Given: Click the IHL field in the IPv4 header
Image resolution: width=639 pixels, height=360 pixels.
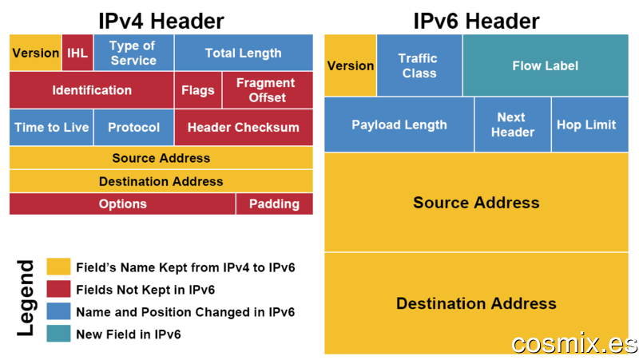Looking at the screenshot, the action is pos(77,53).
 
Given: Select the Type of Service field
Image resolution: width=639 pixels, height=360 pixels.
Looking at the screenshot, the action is pos(133,53).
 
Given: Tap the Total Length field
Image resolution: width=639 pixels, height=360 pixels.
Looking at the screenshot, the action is pos(244,53).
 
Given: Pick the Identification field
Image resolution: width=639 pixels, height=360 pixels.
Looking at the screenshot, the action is pos(92,90).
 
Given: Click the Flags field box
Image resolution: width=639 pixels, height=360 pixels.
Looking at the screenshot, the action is pos(198,90).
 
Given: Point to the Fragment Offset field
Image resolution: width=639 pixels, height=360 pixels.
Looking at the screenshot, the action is pos(268,90).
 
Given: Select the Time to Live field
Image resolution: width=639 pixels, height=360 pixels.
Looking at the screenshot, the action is pos(51,127).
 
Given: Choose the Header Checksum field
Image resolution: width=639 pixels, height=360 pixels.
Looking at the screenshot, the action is pos(244,127).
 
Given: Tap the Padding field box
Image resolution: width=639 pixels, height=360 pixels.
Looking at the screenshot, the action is pos(275,204).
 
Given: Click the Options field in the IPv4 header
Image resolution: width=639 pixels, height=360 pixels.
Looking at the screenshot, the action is pos(123,204).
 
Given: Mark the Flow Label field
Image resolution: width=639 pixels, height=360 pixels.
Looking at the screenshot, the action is pos(546,65).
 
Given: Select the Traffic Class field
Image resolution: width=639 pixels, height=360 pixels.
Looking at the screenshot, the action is pos(419,65).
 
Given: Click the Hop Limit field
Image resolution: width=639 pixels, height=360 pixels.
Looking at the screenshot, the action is pos(590,125).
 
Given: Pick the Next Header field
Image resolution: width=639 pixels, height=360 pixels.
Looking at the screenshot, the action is pos(513,125).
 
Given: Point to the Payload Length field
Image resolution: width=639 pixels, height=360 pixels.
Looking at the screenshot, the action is pos(399,125).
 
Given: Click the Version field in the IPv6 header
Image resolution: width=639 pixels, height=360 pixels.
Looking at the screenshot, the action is pos(351,65).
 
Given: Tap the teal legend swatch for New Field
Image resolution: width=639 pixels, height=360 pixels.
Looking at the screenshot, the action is pos(58,334).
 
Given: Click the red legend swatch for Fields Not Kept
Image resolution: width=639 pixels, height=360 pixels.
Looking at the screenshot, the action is pos(58,289).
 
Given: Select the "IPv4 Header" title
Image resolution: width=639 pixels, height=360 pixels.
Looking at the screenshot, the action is pos(161,21).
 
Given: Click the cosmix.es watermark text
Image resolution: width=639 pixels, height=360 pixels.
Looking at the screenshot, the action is pos(574,343).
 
